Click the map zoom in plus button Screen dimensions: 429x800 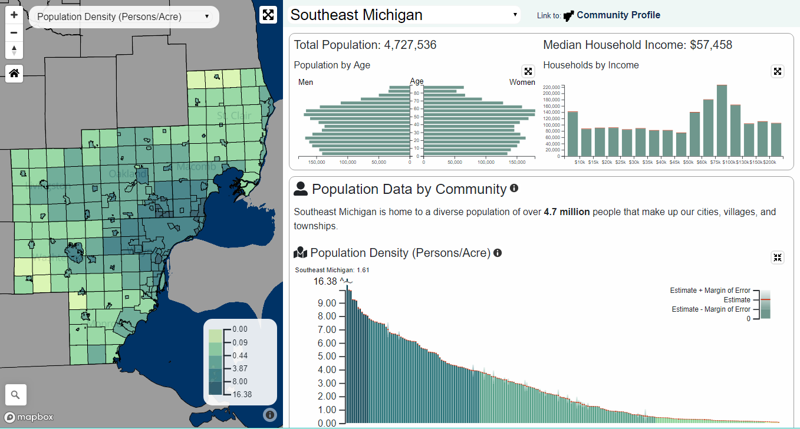click(14, 15)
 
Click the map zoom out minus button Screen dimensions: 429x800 click(14, 33)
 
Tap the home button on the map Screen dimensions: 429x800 click(14, 74)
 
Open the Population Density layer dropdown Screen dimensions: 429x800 click(124, 16)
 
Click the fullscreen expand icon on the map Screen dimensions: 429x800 click(268, 15)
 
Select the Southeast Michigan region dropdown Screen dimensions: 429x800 click(404, 15)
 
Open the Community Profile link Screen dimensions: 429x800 click(618, 15)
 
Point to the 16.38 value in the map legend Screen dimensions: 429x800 click(242, 394)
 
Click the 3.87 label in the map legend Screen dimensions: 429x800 click(240, 368)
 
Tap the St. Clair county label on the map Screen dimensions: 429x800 click(234, 115)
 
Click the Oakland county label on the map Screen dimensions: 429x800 click(127, 174)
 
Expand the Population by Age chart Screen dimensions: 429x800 click(528, 71)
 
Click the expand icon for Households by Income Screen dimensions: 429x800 click(778, 71)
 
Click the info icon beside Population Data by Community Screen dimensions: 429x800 click(514, 189)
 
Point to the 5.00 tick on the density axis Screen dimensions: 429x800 click(327, 357)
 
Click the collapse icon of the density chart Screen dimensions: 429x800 click(778, 258)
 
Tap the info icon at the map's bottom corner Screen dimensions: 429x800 click(269, 415)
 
